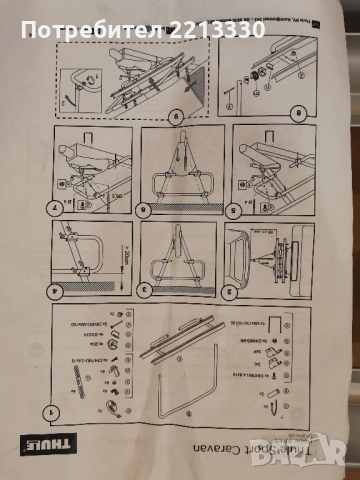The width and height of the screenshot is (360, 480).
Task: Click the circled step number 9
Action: click(x=177, y=115)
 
